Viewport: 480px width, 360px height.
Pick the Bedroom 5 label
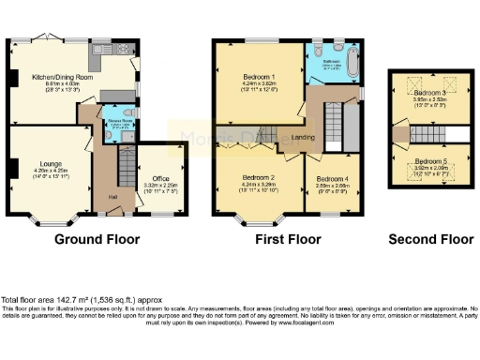tap(429, 161)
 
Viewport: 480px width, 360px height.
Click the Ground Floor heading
tap(94, 239)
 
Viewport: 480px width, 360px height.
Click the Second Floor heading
tap(431, 239)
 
